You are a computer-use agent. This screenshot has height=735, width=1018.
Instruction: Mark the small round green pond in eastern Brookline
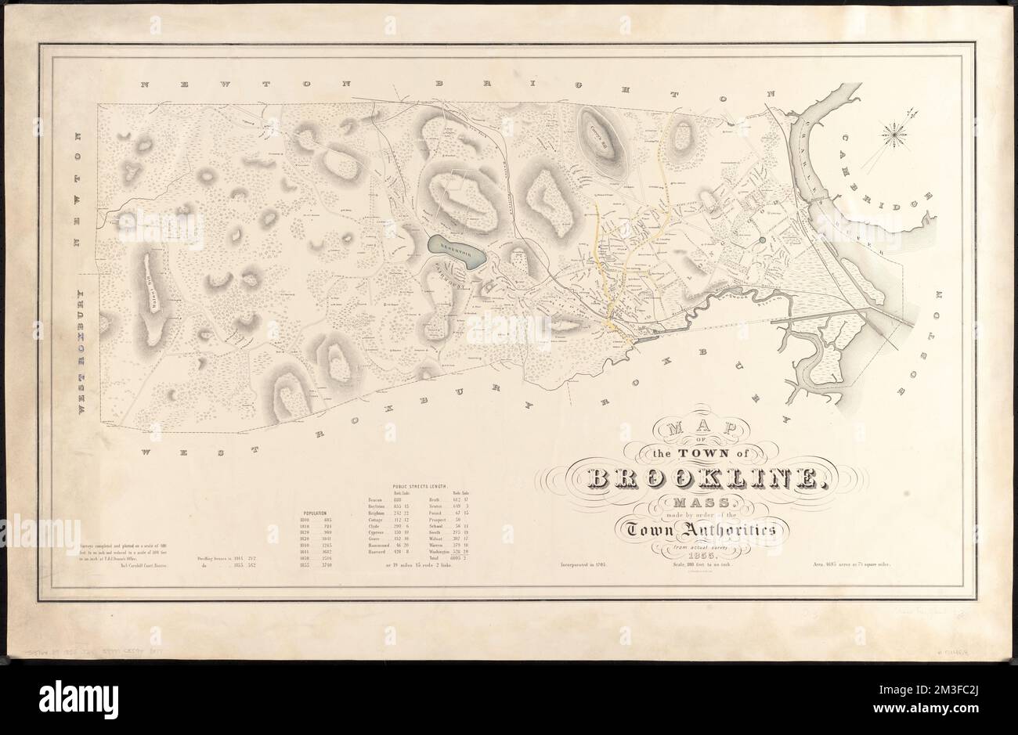coord(763,242)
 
